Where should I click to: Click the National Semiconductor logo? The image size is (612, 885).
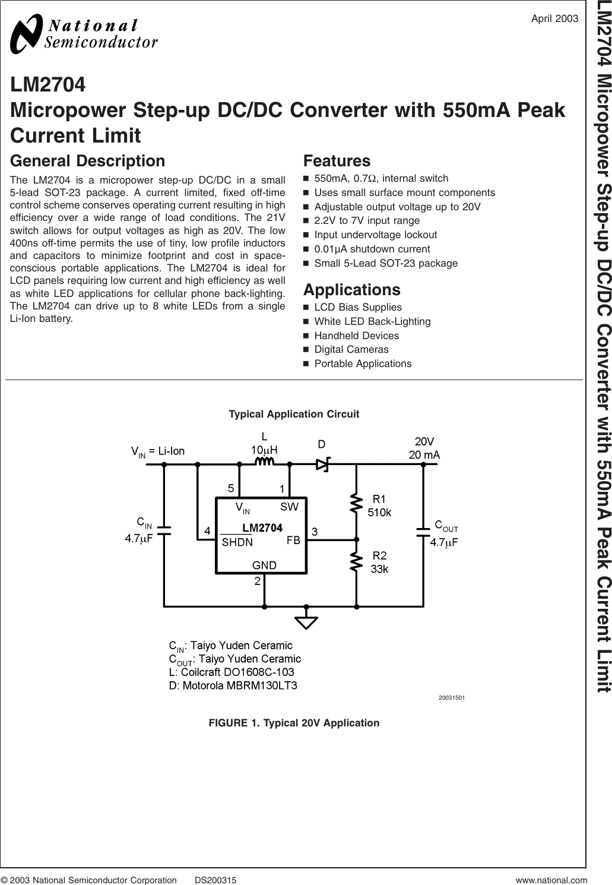pyautogui.click(x=84, y=33)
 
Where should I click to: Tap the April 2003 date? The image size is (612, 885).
pyautogui.click(x=554, y=18)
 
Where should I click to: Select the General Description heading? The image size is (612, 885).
pyautogui.click(x=88, y=161)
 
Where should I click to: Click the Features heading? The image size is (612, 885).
pyautogui.click(x=337, y=161)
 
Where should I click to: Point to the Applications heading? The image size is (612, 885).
pyautogui.click(x=351, y=290)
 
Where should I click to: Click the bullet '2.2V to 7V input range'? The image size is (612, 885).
pyautogui.click(x=367, y=220)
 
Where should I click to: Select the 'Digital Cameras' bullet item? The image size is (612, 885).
pyautogui.click(x=351, y=349)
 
